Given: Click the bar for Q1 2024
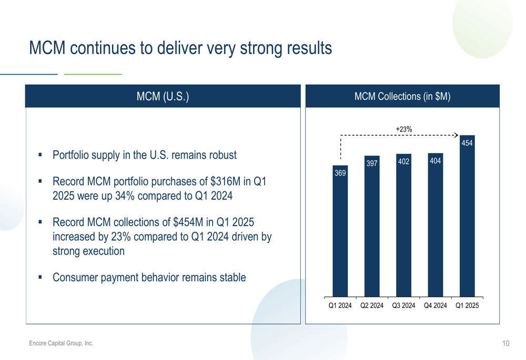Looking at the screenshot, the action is point(340,231).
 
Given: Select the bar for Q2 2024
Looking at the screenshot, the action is point(372,227).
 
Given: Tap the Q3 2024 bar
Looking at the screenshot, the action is point(403,225).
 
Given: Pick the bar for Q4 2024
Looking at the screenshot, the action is point(436,225).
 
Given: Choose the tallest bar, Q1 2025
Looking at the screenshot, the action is point(467,216).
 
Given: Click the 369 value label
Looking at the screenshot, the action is point(340,173).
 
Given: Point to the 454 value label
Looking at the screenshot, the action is point(467,143).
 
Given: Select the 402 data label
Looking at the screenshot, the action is point(403,161).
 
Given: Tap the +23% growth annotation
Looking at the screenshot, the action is point(404,129).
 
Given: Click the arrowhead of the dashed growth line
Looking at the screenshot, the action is point(457,135).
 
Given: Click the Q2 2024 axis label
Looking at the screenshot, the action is point(372,305).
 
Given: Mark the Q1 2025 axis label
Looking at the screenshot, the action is point(467,305).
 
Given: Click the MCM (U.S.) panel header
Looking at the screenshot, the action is point(163,96).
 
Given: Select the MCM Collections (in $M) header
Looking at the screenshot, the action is point(402,96).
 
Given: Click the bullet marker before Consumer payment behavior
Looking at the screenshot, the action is point(41,277).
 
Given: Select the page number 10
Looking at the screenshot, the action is point(505,343).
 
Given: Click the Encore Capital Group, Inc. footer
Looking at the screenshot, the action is point(61,343).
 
